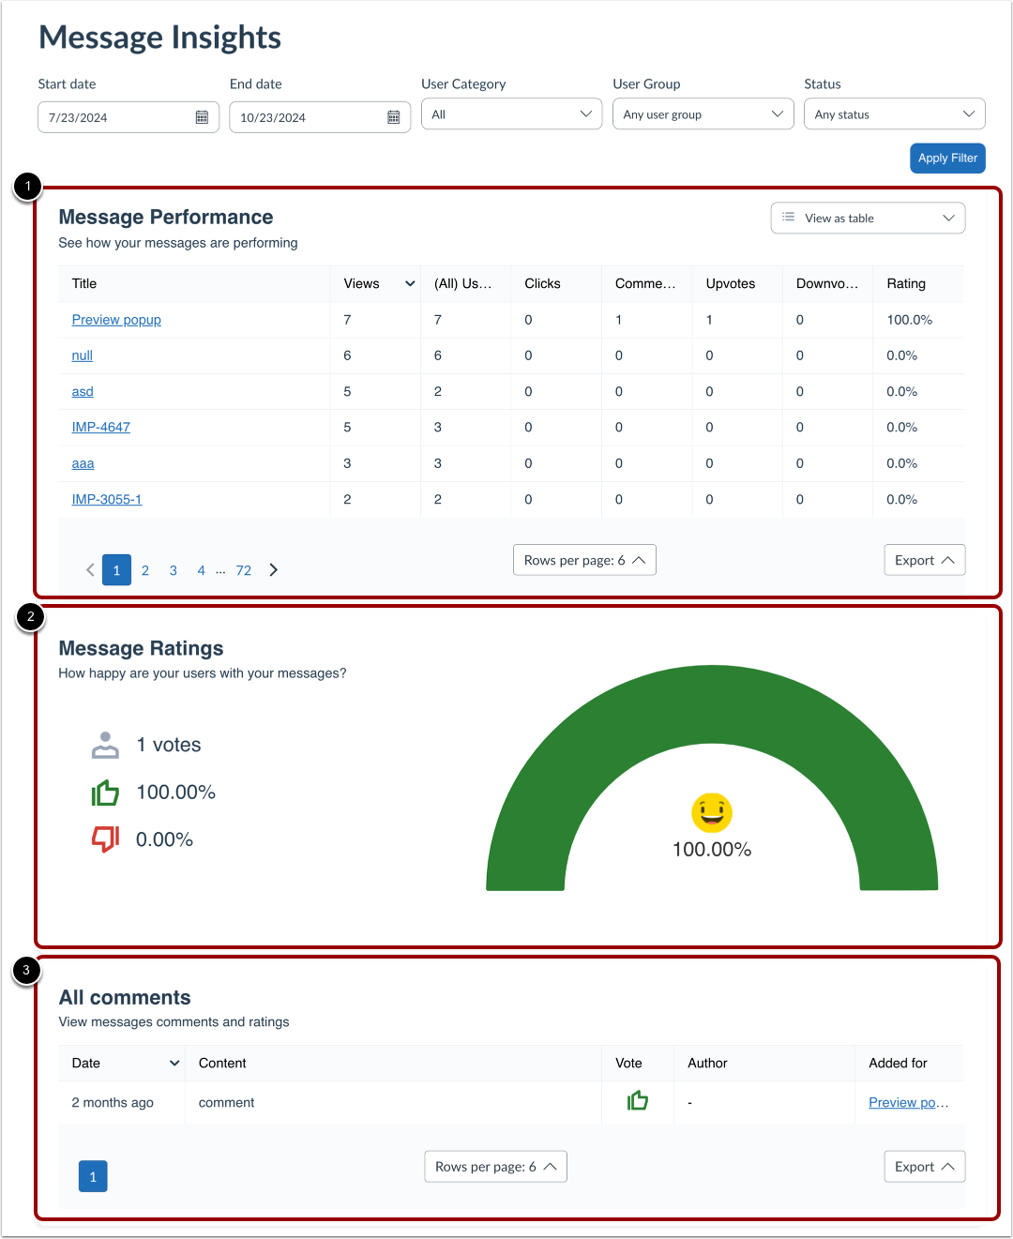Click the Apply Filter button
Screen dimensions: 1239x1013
[x=947, y=158]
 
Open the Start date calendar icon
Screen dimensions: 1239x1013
[x=202, y=117]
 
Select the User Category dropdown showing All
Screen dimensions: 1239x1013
[x=511, y=114]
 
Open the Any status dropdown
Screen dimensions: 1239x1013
[x=894, y=114]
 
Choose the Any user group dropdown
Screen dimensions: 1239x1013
[x=703, y=114]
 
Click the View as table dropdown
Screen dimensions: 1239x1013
[x=868, y=219]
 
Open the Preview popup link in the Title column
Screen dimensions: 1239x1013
[x=116, y=320]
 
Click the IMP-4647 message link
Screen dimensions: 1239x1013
[x=101, y=428]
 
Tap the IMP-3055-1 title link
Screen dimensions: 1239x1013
[x=107, y=500]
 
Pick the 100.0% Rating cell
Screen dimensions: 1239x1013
[x=909, y=320]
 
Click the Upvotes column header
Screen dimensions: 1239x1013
[x=731, y=283]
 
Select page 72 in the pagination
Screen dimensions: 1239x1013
[x=244, y=570]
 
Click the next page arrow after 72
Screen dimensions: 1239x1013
[x=274, y=570]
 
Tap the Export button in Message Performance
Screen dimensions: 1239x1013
[x=924, y=560]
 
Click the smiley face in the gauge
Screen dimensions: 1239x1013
[x=712, y=812]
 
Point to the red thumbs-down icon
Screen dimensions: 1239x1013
[x=105, y=839]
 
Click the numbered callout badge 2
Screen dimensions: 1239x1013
[x=31, y=617]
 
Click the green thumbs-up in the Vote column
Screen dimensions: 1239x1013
[x=638, y=1100]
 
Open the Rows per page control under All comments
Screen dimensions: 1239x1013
[x=495, y=1167]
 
